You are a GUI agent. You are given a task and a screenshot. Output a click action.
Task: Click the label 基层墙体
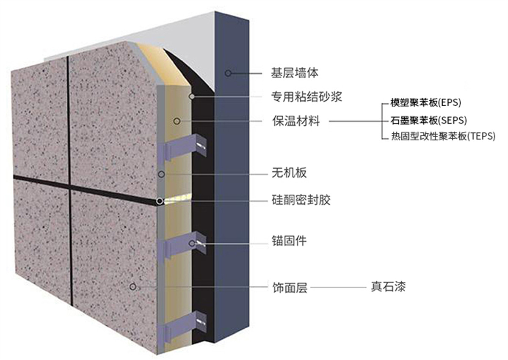[x=295, y=73]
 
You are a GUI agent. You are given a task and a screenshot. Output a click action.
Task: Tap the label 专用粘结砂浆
[x=306, y=97]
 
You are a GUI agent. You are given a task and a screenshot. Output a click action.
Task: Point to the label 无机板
[x=289, y=173]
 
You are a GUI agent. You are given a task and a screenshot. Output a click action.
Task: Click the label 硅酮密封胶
[x=301, y=200]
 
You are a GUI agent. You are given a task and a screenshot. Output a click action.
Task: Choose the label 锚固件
[x=289, y=241]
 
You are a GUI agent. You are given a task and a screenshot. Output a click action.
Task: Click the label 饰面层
[x=290, y=287]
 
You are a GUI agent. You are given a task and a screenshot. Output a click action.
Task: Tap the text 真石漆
[x=388, y=286]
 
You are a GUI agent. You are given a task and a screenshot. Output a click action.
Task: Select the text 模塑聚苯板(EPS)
[x=426, y=103]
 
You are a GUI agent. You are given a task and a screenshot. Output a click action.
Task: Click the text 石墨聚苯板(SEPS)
[x=428, y=120]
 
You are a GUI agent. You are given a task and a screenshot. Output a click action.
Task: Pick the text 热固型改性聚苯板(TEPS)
[x=443, y=136]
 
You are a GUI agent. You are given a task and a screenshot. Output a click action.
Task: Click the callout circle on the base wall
[x=228, y=73]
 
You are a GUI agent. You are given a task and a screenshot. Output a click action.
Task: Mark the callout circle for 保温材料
[x=177, y=121]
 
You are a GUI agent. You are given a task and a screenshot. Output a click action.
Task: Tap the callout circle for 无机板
[x=161, y=174]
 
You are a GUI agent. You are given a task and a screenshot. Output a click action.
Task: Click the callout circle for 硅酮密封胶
[x=160, y=201]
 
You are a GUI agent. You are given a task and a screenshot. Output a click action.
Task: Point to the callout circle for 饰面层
[x=133, y=287]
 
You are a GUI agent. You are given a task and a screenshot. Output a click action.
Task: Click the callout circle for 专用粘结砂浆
[x=192, y=96]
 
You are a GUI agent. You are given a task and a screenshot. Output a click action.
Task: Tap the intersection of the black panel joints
[x=69, y=186]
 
